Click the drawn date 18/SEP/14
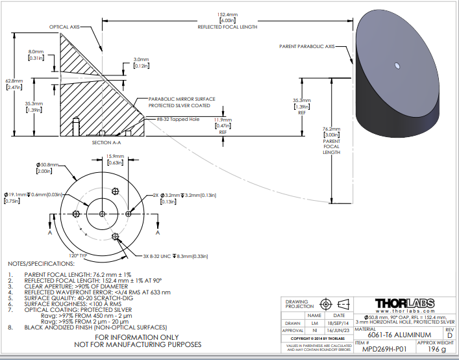(339, 322)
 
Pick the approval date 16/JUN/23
(339, 330)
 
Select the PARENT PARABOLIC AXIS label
(307, 47)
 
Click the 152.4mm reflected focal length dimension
(227, 14)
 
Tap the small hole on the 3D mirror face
(396, 64)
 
